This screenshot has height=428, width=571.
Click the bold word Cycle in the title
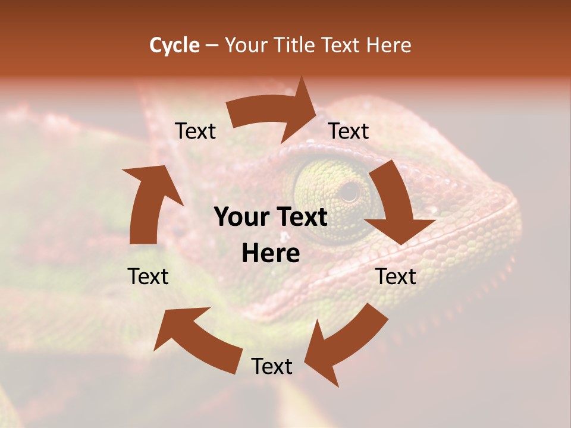coord(174,45)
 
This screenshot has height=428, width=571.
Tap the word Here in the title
coord(387,45)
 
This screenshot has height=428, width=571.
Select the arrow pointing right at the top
coord(274,113)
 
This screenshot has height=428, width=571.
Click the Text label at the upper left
coord(195,131)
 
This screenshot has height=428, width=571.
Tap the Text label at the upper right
coord(349,131)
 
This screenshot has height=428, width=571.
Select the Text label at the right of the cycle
coord(396,276)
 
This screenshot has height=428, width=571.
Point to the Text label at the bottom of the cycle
coord(272,367)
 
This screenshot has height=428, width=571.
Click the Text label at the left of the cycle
coord(148,276)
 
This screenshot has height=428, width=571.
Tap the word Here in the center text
coord(271,254)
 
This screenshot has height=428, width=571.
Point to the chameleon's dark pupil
coord(350,191)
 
